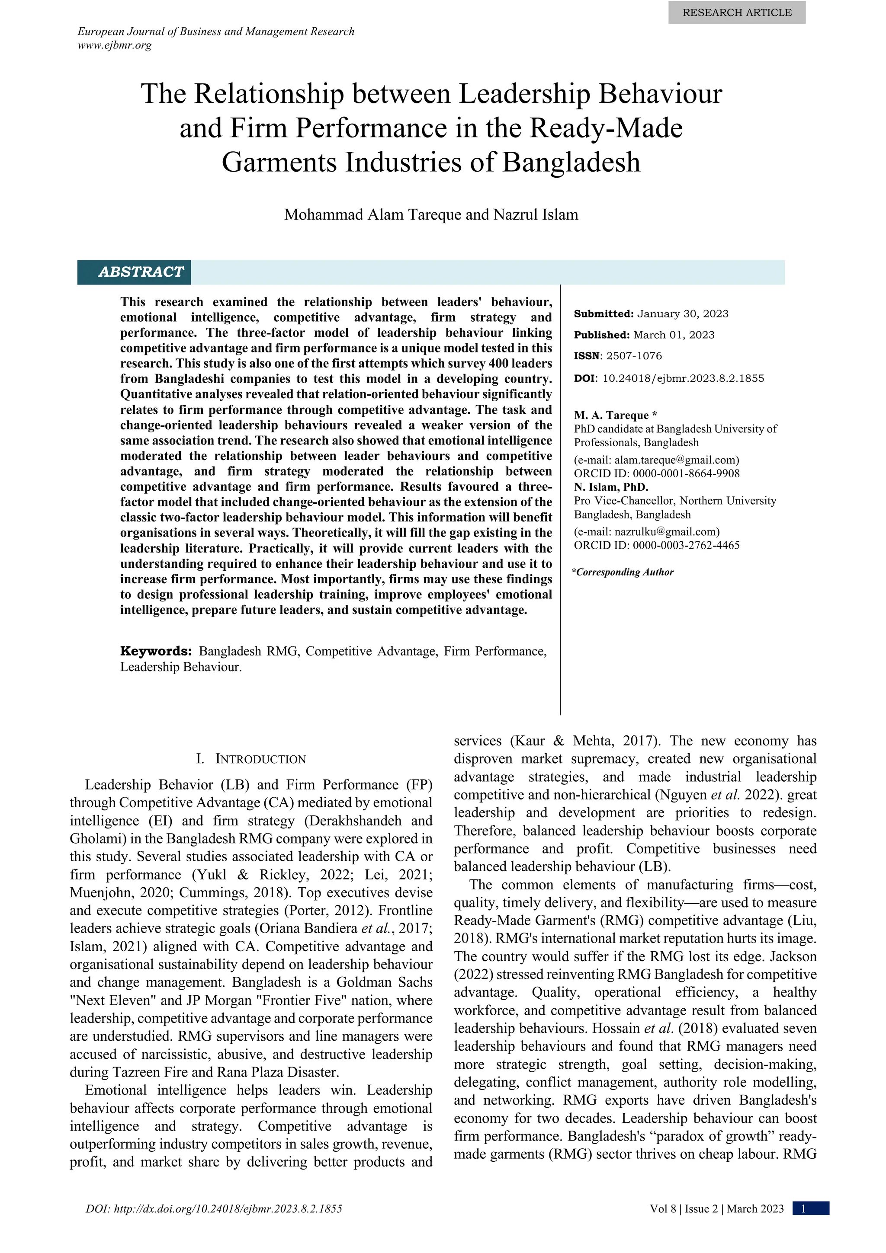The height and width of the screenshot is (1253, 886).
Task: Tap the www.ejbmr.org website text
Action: [115, 45]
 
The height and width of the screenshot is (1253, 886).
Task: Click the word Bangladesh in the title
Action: [571, 162]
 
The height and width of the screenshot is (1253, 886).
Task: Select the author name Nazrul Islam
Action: [536, 214]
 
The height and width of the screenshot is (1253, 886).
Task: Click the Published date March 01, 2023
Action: [674, 335]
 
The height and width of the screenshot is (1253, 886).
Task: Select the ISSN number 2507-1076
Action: [634, 356]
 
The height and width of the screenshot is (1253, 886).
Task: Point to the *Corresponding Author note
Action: [623, 572]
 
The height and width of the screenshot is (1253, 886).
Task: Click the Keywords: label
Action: [156, 651]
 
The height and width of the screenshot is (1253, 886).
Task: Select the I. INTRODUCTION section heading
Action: [251, 759]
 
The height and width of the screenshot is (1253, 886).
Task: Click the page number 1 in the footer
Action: [803, 1209]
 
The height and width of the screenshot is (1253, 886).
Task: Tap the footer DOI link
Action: [214, 1209]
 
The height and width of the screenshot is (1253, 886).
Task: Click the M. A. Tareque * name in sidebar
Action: [615, 416]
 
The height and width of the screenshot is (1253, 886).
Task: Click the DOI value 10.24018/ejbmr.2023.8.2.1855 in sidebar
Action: [683, 378]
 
